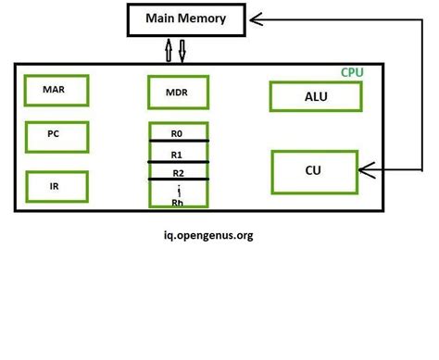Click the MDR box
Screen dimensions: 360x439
(178, 93)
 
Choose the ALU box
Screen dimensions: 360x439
(316, 96)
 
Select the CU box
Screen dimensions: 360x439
(313, 170)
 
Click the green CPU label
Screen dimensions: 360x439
(353, 72)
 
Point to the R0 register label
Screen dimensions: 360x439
(177, 133)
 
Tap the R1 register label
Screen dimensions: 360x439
(177, 154)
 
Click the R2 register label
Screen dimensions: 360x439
(177, 172)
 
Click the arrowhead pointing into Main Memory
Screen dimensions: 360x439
(257, 18)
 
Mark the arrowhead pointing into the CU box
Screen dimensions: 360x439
(364, 170)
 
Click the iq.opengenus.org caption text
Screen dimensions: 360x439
(205, 235)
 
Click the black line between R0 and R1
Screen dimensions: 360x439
(178, 142)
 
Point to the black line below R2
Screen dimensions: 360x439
(178, 180)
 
